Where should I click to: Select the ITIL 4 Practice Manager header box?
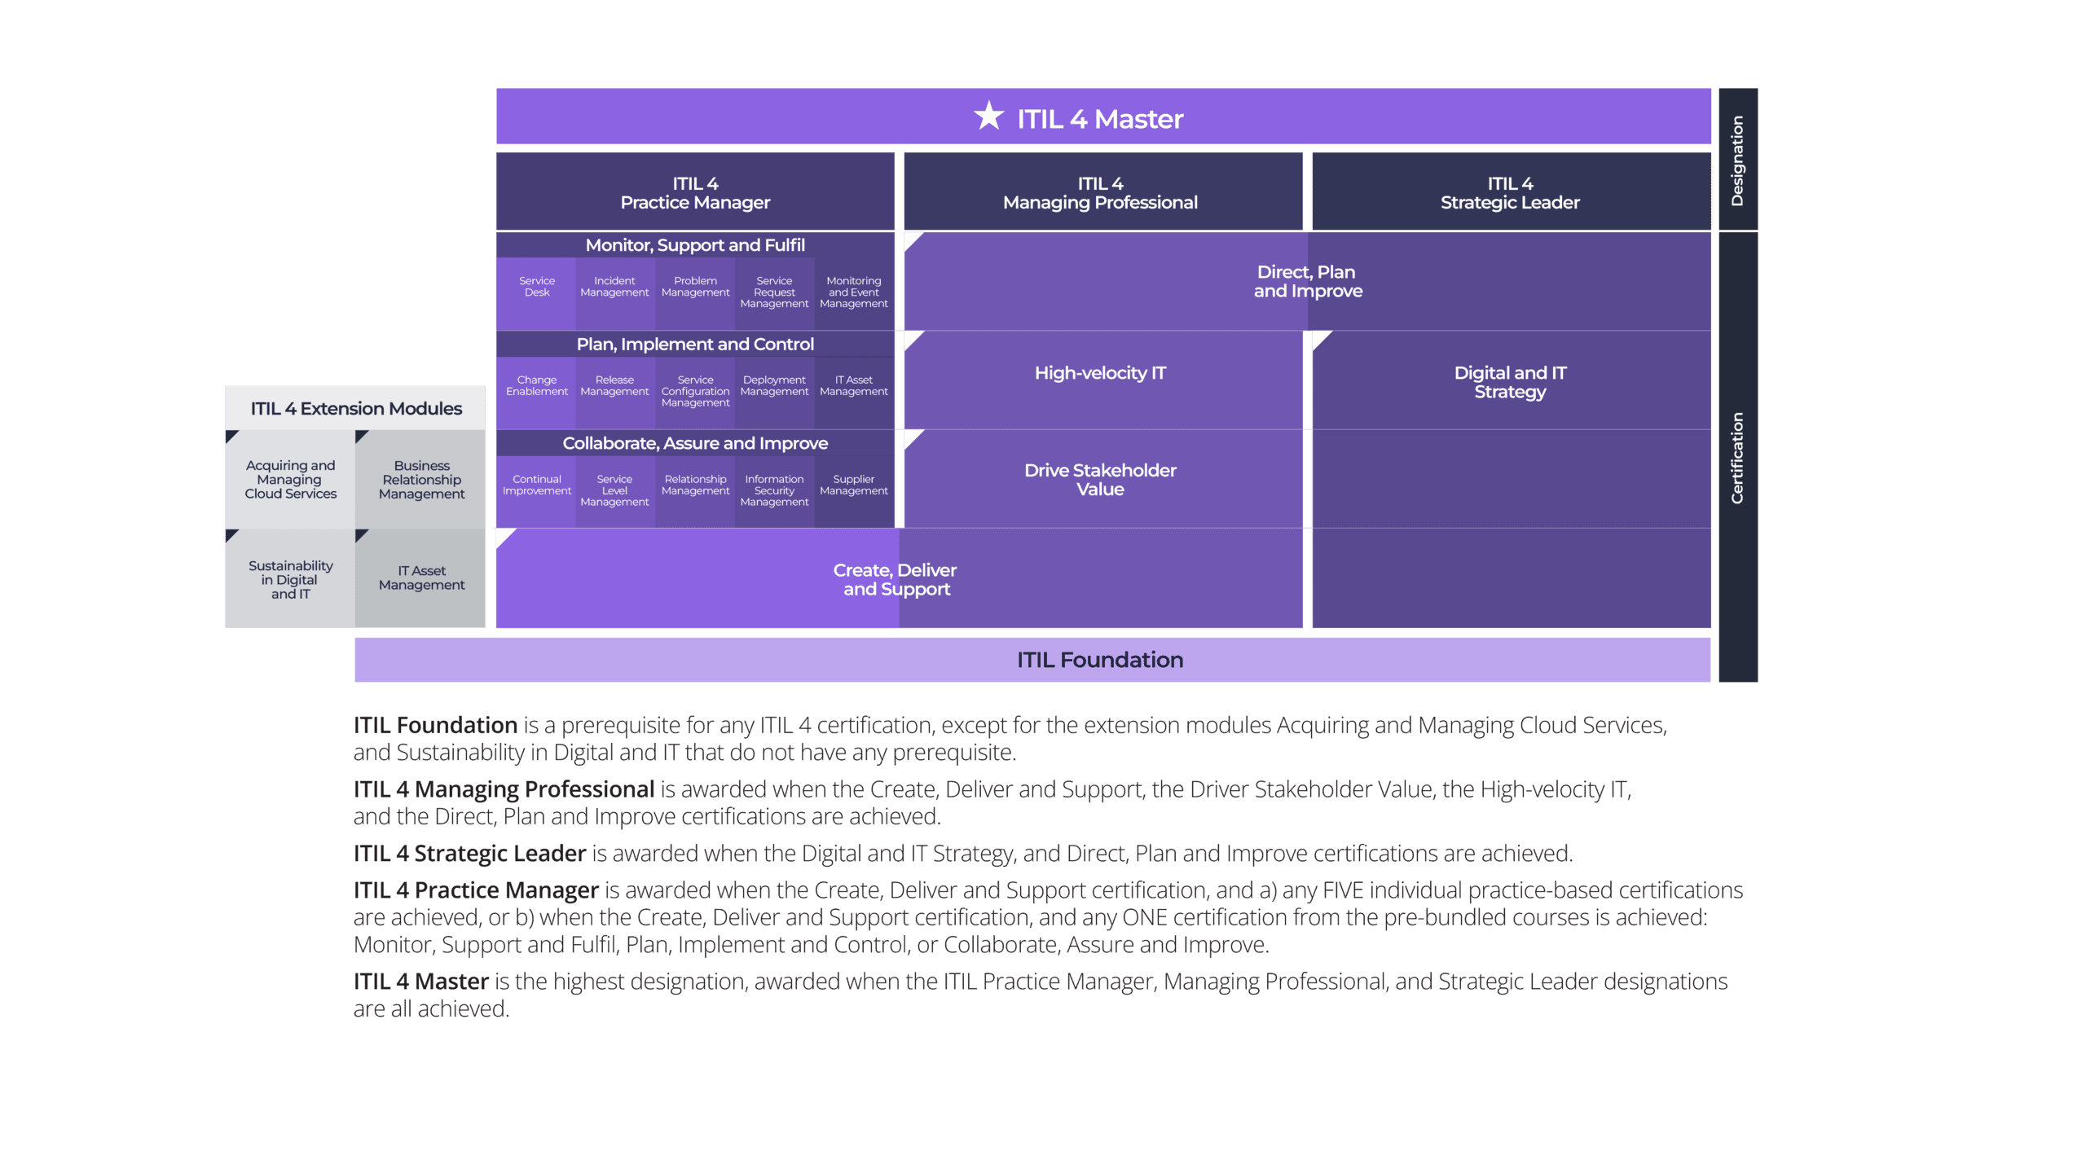(695, 192)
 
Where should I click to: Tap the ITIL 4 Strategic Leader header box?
(1510, 192)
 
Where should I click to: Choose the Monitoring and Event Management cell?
(853, 292)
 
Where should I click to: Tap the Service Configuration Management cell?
(695, 391)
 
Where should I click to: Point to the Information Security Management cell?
(774, 490)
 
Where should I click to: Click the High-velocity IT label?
(1100, 373)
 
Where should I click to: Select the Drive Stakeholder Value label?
(1100, 480)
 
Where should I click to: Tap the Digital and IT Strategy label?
(1510, 382)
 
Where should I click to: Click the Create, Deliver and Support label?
(896, 579)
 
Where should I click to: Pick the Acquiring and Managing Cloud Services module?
(290, 480)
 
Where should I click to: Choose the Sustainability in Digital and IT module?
(290, 579)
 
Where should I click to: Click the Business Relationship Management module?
(421, 480)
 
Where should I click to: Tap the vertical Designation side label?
(1737, 160)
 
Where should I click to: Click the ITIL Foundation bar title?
(1099, 660)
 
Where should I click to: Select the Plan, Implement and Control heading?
(695, 344)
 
